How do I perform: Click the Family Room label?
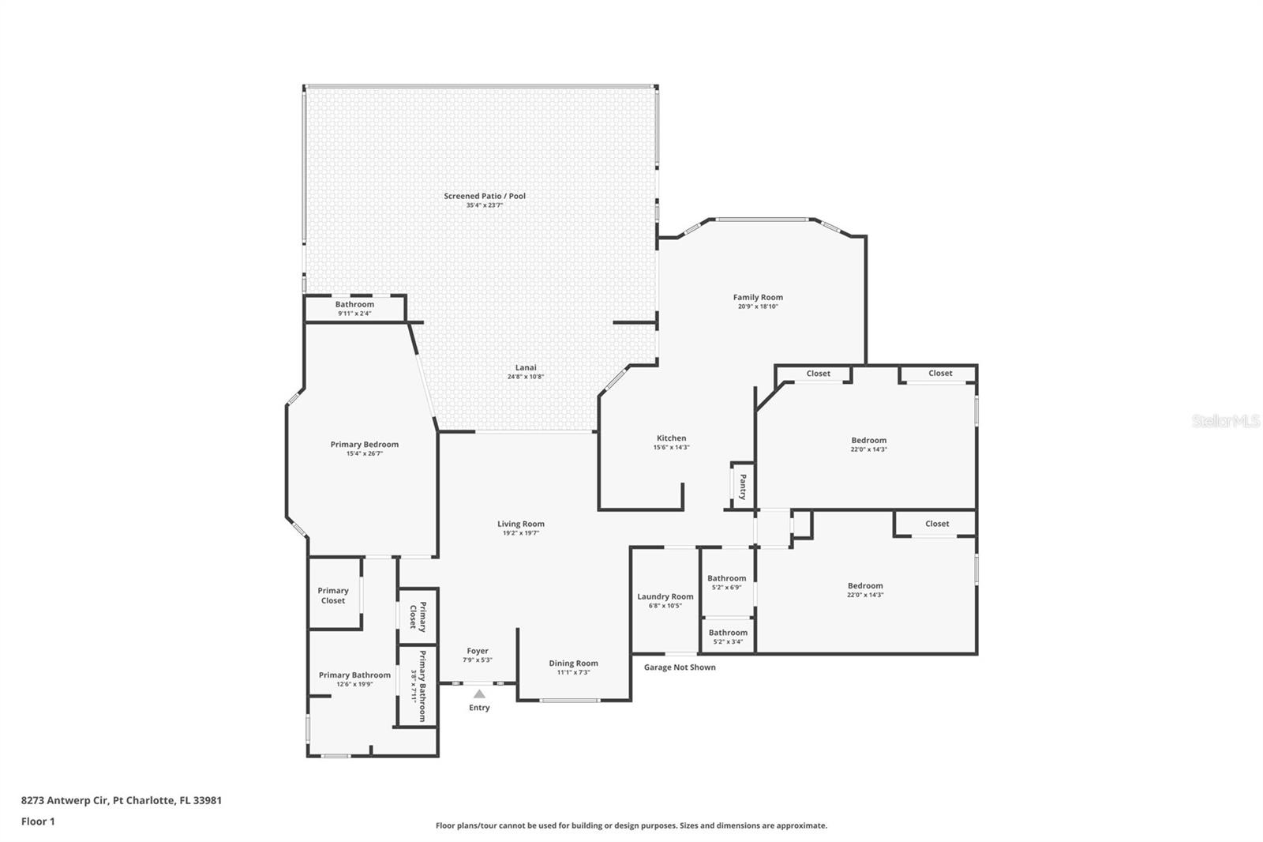click(758, 298)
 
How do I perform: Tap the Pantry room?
click(743, 486)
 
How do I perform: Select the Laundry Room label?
click(665, 596)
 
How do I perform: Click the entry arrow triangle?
click(479, 694)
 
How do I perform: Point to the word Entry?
click(479, 708)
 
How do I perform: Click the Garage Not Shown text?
click(680, 667)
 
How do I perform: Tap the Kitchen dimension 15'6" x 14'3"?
click(671, 447)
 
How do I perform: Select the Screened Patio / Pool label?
click(484, 196)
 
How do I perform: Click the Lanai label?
click(526, 367)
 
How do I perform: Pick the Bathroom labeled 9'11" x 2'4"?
click(354, 308)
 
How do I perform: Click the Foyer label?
click(478, 651)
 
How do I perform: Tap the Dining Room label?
click(573, 663)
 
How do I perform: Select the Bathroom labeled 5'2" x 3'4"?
click(728, 636)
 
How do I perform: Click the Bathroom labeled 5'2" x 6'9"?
click(726, 582)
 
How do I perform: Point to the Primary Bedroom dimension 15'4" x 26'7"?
click(364, 453)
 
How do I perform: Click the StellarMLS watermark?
click(1226, 421)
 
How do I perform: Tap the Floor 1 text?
click(38, 821)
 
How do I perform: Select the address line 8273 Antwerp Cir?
click(121, 800)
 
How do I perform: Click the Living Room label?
click(520, 524)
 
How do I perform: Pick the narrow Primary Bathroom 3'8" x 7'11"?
click(417, 686)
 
